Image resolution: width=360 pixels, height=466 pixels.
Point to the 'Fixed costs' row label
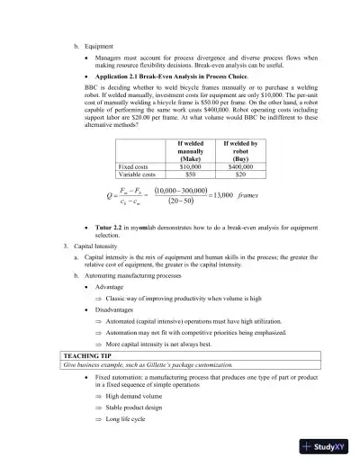pos(136,166)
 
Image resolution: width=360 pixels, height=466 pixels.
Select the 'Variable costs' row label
pos(140,175)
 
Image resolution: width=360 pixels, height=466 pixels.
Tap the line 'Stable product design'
pos(138,407)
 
